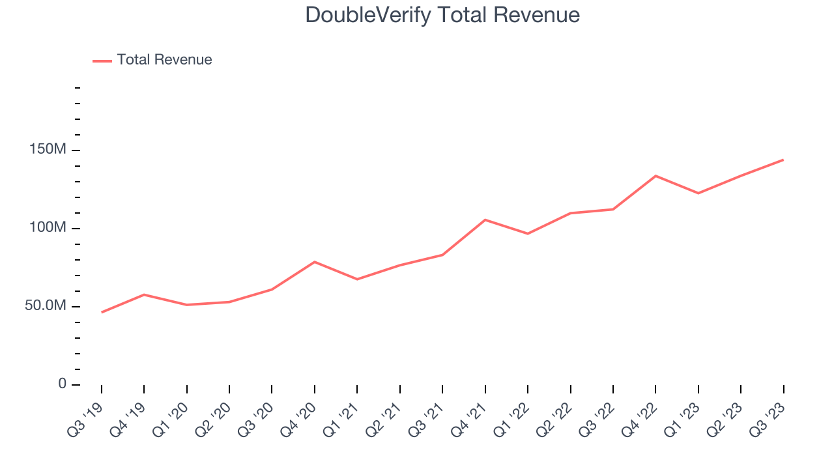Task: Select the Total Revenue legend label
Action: point(164,60)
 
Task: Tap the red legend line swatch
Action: point(102,61)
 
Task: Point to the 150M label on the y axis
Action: point(48,150)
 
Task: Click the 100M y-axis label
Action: point(48,228)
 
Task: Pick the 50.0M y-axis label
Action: point(46,306)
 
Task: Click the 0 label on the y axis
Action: point(63,384)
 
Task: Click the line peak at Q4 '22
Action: point(655,176)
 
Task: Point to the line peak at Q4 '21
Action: point(485,220)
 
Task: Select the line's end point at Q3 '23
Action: point(783,160)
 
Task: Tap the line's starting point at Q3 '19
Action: point(102,313)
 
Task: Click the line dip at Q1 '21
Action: point(357,279)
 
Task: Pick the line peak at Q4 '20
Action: point(315,262)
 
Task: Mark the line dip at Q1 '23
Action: point(698,193)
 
